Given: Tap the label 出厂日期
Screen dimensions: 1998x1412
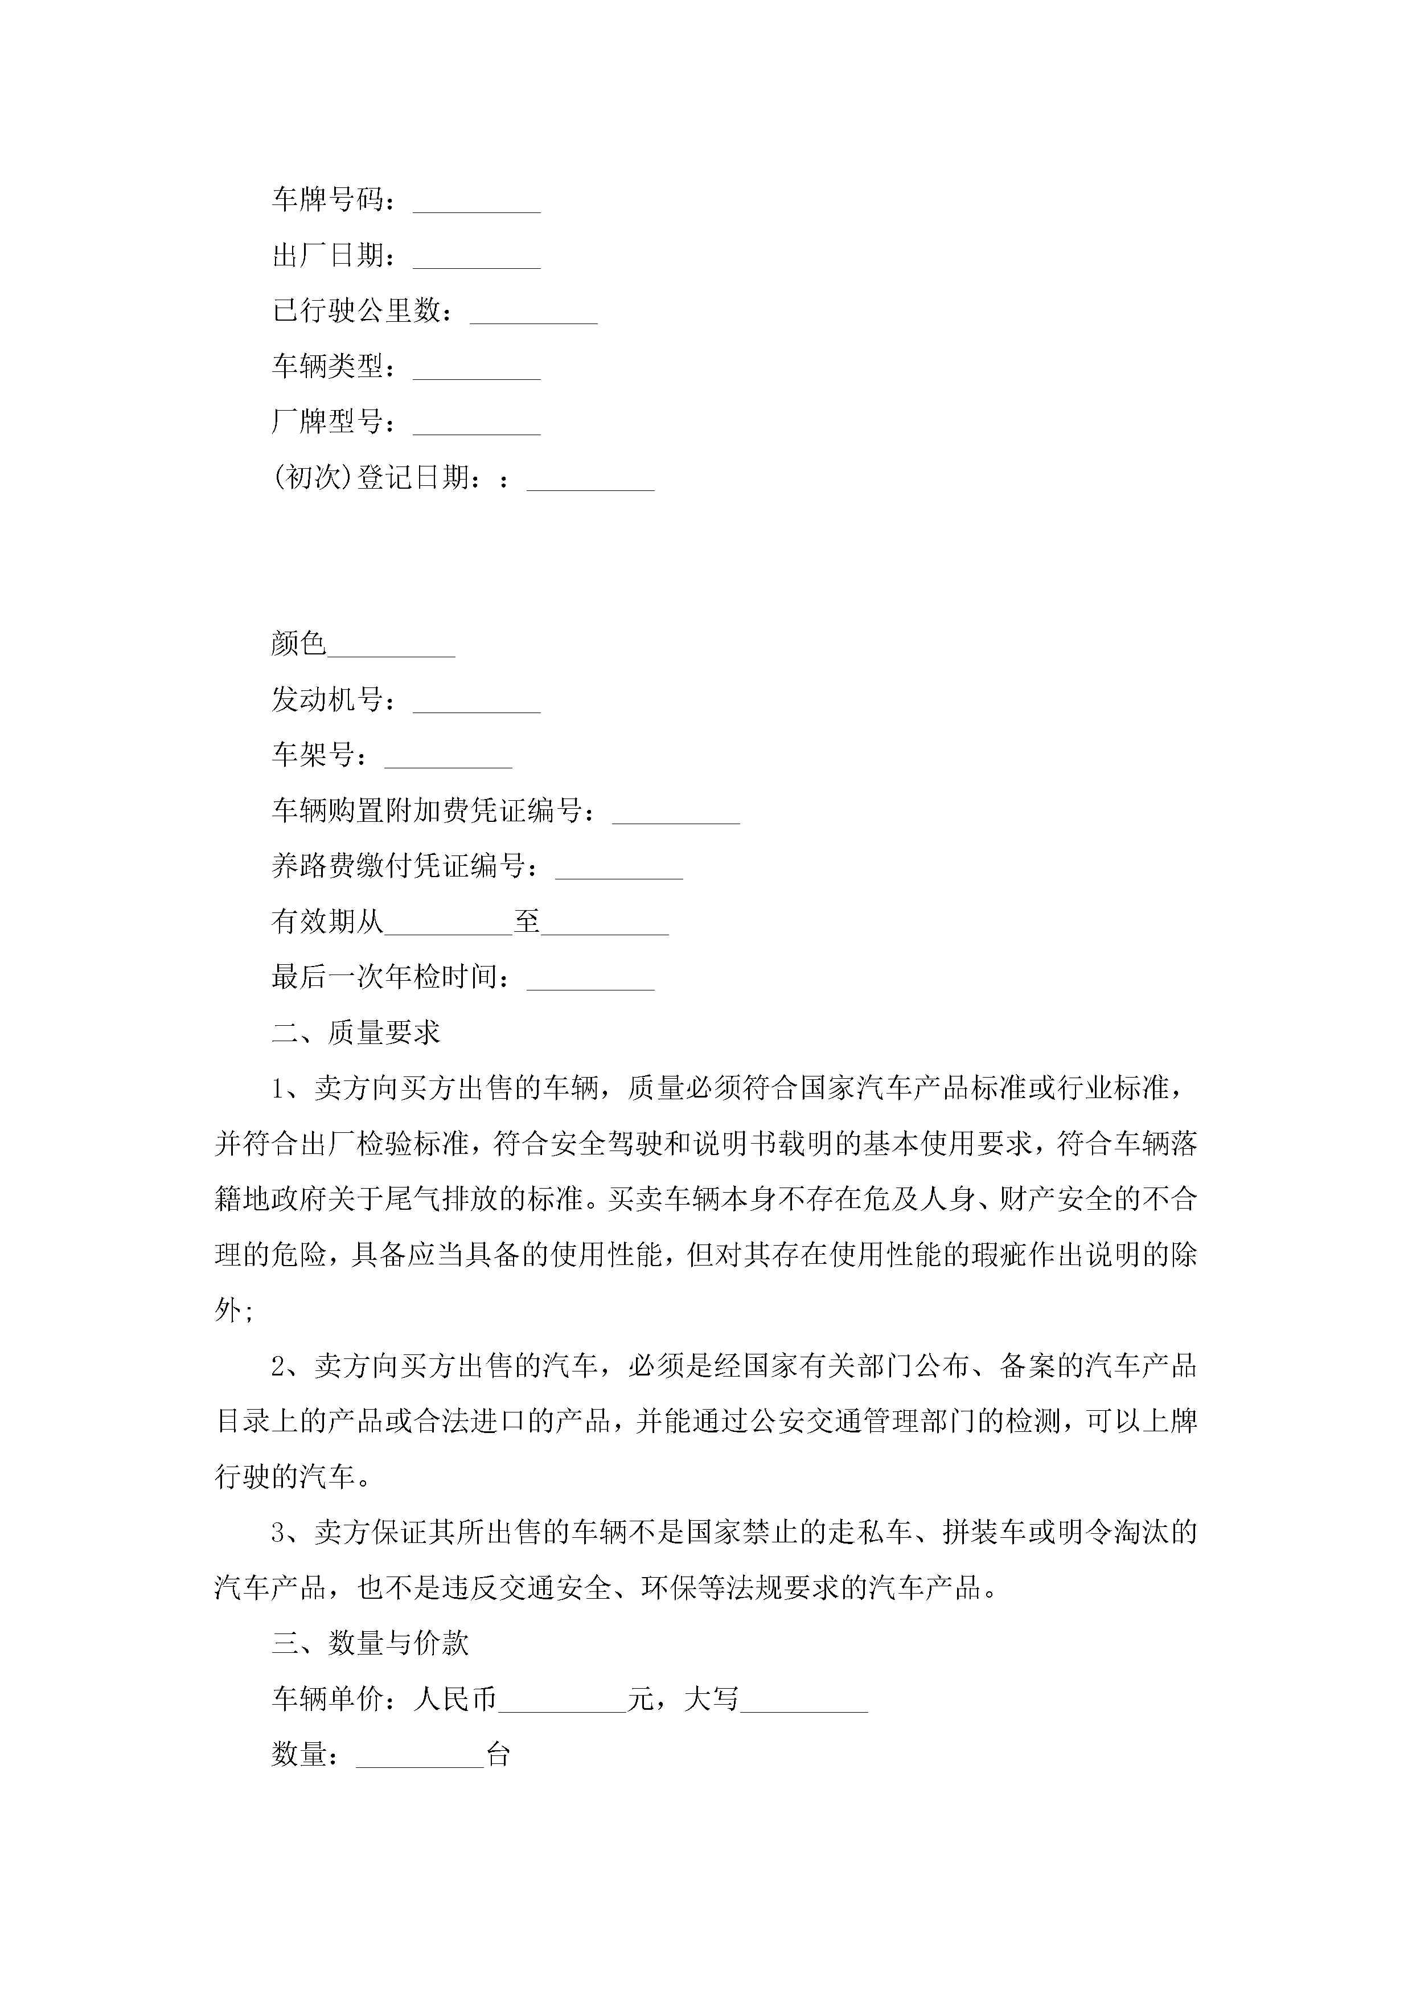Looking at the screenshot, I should coord(328,255).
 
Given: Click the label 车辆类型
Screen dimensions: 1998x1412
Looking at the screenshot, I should coord(328,366).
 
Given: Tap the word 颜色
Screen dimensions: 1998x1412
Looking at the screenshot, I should coord(298,644).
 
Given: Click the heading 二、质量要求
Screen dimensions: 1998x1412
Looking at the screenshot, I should coord(356,1033).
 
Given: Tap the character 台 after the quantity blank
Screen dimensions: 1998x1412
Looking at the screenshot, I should coord(498,1754).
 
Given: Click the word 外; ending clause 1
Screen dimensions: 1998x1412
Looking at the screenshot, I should coord(233,1309).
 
